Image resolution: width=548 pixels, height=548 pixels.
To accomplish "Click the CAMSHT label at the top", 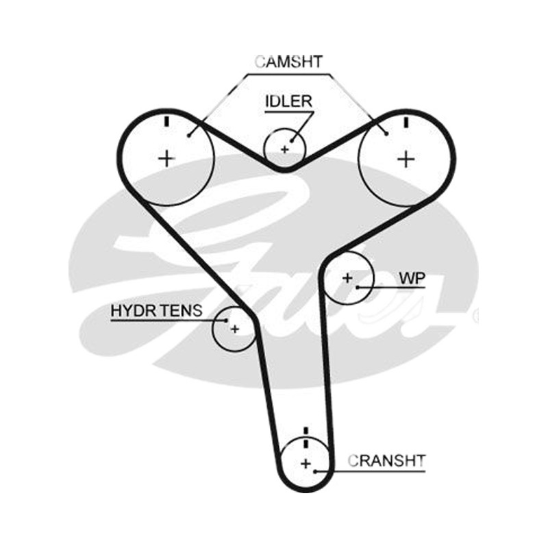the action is point(288,62).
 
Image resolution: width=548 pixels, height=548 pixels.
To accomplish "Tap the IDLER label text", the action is point(288,101).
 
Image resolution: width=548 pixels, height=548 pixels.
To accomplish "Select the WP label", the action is point(412,278).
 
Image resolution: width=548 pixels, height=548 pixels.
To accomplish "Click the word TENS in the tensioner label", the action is point(182,310).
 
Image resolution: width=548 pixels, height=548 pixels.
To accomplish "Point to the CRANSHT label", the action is point(386,460).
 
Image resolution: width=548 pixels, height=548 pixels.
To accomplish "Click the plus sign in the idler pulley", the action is point(285,150).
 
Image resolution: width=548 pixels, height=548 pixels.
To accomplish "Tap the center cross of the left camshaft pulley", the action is point(166,159).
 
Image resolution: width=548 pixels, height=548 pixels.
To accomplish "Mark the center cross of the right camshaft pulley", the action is point(406,160).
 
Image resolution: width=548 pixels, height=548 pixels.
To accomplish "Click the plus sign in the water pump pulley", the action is point(347,278).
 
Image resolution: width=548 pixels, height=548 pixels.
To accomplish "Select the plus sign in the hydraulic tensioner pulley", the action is point(235,329).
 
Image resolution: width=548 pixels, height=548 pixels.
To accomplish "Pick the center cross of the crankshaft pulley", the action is point(306,464).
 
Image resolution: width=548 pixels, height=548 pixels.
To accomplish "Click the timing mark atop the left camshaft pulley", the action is point(166,121).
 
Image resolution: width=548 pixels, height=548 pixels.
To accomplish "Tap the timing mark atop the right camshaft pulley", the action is point(406,123).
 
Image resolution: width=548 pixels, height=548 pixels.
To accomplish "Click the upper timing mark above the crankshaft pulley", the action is point(306,431).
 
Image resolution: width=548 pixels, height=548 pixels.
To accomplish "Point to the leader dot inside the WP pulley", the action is point(358,287).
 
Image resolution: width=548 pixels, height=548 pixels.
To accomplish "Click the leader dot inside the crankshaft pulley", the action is point(315,471).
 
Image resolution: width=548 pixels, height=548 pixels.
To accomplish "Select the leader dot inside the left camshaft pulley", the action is point(189,135).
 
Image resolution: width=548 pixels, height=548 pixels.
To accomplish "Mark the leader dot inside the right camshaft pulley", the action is point(386,133).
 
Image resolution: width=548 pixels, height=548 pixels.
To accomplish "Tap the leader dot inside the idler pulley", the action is point(292,140).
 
